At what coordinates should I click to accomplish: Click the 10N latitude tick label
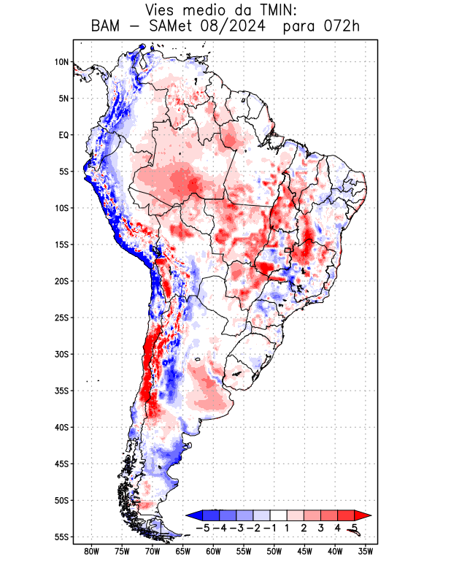coord(61,62)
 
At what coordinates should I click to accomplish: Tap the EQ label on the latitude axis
coord(63,135)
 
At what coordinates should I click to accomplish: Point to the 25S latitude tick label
coord(61,318)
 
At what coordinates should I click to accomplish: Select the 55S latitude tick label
coord(61,537)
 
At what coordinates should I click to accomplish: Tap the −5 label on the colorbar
coord(202,528)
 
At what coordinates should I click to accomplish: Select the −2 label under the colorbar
coord(253,528)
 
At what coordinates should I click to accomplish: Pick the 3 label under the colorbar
coord(321,528)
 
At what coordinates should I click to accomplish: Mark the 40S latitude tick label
coord(61,428)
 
